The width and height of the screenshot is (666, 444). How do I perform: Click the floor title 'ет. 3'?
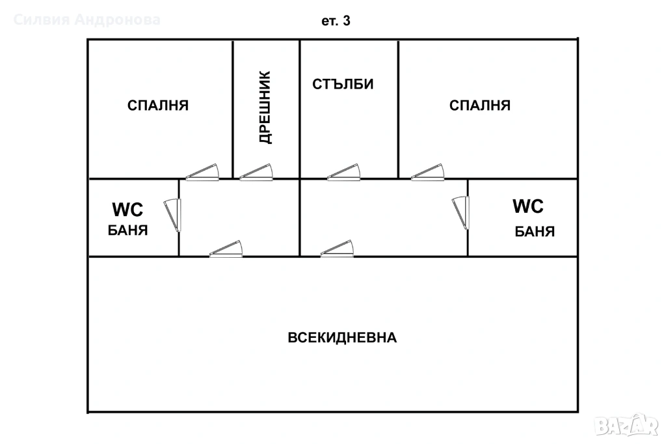pos(336,21)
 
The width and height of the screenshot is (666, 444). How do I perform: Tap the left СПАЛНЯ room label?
pos(158,105)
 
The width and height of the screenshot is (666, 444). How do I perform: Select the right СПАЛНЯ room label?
pos(480,105)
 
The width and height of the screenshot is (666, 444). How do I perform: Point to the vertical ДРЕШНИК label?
pos(265,107)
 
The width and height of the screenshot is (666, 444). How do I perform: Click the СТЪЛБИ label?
pos(343,84)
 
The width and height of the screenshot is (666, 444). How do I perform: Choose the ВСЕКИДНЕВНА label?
pos(342,338)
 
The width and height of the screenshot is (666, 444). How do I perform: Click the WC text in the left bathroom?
pos(127,209)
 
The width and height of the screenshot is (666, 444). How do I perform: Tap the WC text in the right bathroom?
pos(528,206)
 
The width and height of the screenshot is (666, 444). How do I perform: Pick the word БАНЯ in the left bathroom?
pos(128,230)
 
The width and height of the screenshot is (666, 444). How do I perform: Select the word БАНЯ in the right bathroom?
pos(535,232)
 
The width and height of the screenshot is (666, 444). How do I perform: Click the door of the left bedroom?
pos(203,173)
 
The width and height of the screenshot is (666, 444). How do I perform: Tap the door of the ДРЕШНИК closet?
pos(256,173)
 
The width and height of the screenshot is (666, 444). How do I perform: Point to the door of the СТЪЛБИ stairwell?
pos(343,173)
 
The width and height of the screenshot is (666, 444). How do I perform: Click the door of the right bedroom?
pos(427,173)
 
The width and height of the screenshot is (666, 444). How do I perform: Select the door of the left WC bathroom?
pos(172,215)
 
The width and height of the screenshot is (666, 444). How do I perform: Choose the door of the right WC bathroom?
pos(460,213)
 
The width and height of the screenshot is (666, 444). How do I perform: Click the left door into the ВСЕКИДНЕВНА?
pos(226,249)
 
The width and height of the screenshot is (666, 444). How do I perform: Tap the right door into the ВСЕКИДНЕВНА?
pos(338,249)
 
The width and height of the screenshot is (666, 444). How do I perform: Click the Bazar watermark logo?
pos(626,425)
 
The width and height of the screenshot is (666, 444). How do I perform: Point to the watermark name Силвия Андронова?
pos(87,20)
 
